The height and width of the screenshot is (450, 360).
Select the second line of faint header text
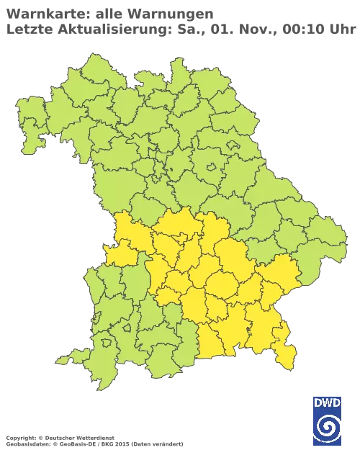[180, 28]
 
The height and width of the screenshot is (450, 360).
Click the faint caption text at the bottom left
[94, 438]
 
